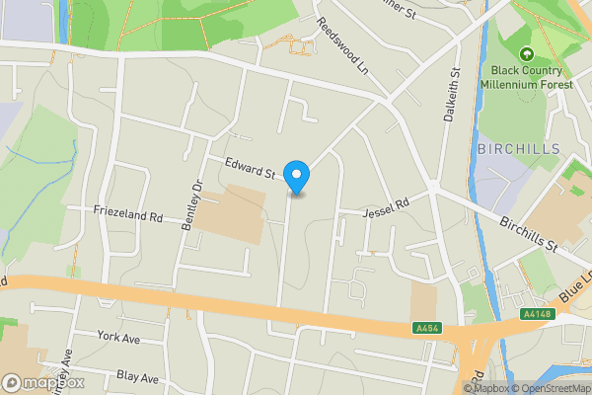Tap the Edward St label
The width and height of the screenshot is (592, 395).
click(250, 168)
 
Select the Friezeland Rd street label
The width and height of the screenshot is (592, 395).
click(127, 211)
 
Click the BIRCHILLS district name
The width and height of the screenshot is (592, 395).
click(518, 149)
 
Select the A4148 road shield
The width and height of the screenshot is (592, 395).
click(538, 315)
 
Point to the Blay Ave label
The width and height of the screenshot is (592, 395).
click(137, 377)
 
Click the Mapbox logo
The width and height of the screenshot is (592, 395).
click(42, 382)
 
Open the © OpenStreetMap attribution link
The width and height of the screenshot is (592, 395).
click(554, 388)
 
